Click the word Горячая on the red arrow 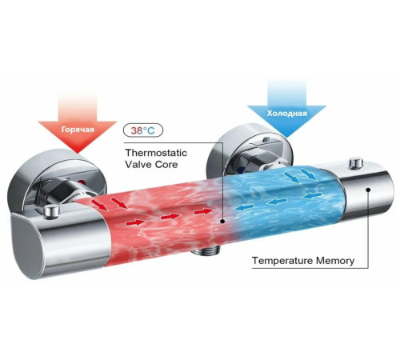tap(78, 130)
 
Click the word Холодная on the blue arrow tap(287, 114)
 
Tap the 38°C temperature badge tap(143, 130)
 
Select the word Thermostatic tap(156, 153)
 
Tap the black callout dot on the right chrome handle tap(368, 190)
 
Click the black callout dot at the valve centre tap(222, 221)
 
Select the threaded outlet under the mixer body tap(206, 251)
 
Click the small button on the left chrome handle tap(51, 212)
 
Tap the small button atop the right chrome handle tap(356, 163)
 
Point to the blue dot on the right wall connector tap(242, 170)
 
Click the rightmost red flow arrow tap(205, 212)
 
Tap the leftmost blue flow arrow tap(244, 206)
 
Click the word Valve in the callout tap(138, 164)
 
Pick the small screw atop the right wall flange tap(266, 139)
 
